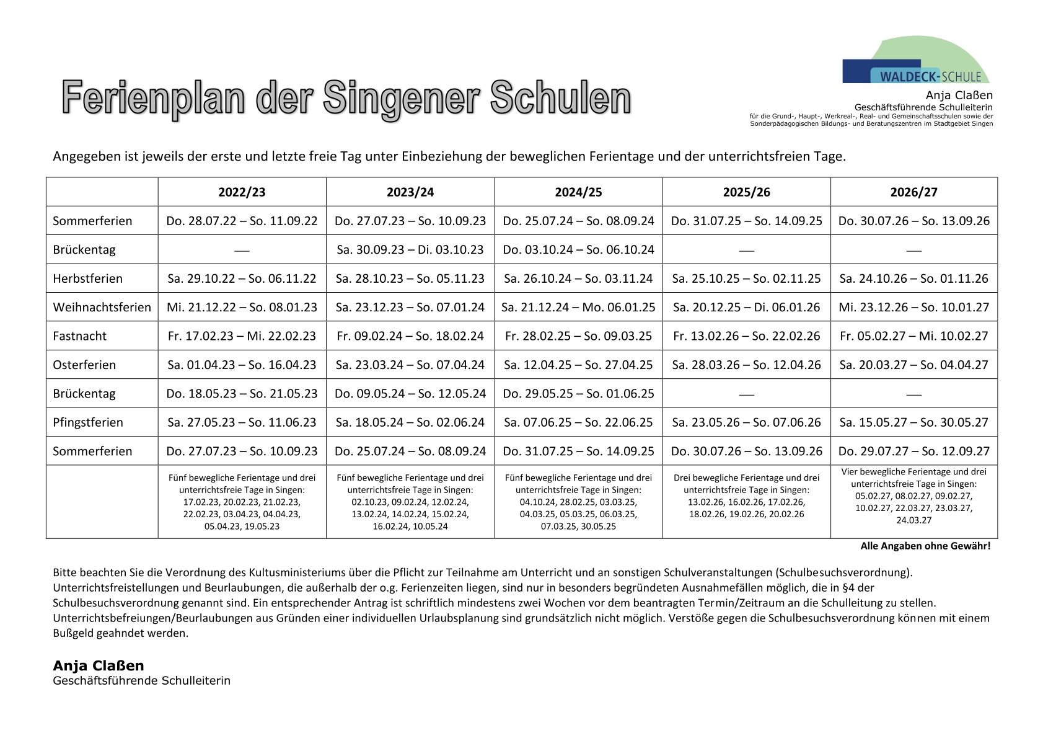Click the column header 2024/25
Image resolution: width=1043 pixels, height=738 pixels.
pos(578,192)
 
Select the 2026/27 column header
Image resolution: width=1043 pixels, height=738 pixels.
pos(913,192)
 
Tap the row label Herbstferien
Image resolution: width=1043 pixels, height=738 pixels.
pos(87,278)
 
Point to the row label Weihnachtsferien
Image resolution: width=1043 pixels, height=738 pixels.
pos(102,307)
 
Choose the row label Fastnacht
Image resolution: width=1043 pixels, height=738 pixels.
pos(79,336)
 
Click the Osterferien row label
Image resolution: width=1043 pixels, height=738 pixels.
pos(84,365)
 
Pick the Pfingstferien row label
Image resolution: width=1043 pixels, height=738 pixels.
pos(87,422)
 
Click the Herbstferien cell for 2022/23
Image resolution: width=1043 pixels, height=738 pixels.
pos(242,278)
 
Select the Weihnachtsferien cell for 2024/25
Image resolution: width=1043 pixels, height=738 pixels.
pos(578,307)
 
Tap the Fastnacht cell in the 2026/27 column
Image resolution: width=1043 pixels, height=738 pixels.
pos(913,336)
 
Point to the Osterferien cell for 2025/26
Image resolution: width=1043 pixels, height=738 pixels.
pos(746,365)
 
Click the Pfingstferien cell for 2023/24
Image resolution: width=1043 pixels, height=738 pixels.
pos(410,422)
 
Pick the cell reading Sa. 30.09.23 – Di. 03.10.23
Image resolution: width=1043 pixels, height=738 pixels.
pos(410,250)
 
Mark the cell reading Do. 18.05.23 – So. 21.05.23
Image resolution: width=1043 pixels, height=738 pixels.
pos(242,394)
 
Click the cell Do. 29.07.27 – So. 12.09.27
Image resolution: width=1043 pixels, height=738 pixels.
pos(913,451)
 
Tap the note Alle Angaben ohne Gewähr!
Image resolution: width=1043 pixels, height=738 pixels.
pos(925,546)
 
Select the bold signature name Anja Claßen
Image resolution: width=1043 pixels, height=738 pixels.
pos(99,665)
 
